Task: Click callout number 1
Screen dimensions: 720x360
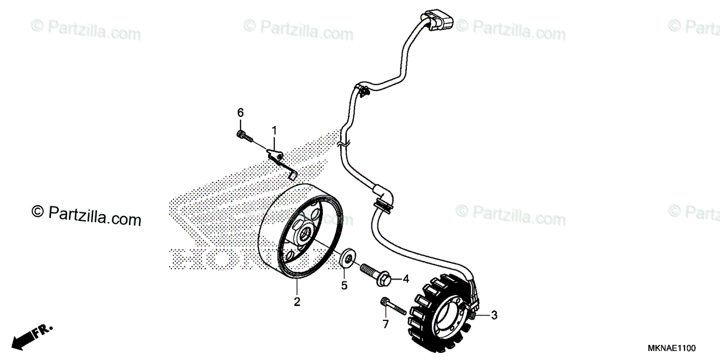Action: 274,130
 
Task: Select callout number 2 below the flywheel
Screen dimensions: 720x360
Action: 296,302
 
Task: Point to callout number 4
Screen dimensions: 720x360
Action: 406,278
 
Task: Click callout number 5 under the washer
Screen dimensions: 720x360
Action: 344,286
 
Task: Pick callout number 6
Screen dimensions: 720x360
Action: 240,113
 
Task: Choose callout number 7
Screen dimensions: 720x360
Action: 385,324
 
